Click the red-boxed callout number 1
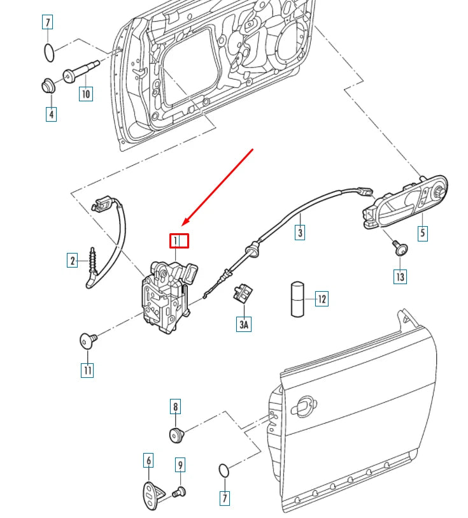click(x=179, y=241)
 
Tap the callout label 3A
click(x=245, y=324)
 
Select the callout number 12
click(x=322, y=298)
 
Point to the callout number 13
click(x=400, y=277)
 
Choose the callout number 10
click(x=86, y=94)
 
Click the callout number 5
click(x=422, y=233)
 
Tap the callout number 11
click(x=87, y=370)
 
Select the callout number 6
click(x=148, y=460)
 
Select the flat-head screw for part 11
click(x=87, y=340)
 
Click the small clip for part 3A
click(x=243, y=293)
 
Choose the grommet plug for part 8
click(x=176, y=435)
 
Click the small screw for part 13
click(x=400, y=248)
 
